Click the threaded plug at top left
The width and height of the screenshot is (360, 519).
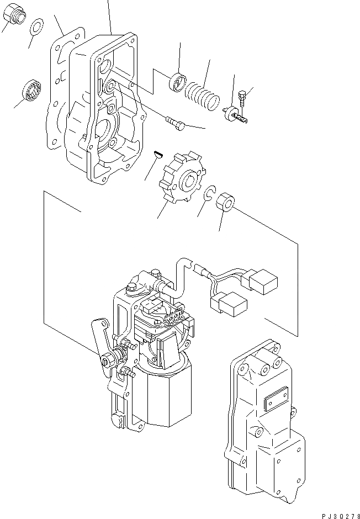(15, 17)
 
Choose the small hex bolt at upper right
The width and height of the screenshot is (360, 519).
(243, 99)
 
